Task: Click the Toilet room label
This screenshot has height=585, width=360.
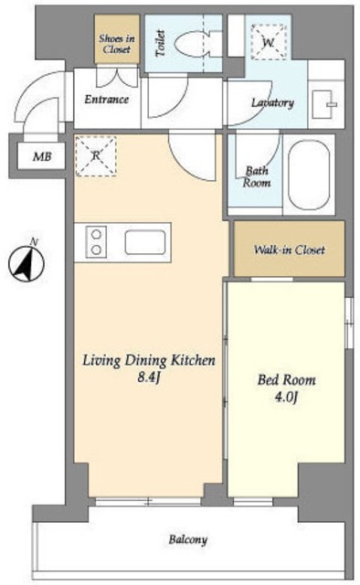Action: pyautogui.click(x=161, y=43)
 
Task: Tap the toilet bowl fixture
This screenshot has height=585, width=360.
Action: pyautogui.click(x=193, y=44)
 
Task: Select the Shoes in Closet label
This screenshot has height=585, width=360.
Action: pyautogui.click(x=117, y=44)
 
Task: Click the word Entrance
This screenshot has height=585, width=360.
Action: pyautogui.click(x=107, y=100)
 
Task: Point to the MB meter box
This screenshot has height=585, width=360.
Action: pyautogui.click(x=42, y=156)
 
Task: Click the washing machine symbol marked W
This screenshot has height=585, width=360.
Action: pyautogui.click(x=269, y=42)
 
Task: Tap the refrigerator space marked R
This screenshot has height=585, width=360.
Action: pyautogui.click(x=96, y=155)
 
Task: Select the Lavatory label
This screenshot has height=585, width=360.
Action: pyautogui.click(x=272, y=102)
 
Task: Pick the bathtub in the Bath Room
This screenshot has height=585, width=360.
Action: pyautogui.click(x=309, y=175)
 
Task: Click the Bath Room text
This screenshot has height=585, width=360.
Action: pyautogui.click(x=257, y=176)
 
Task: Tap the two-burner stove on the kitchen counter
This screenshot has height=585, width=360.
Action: pyautogui.click(x=96, y=241)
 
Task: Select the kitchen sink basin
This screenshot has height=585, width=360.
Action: pyautogui.click(x=145, y=242)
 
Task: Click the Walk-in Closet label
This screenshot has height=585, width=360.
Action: pyautogui.click(x=289, y=250)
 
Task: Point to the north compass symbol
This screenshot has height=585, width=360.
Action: pyautogui.click(x=26, y=263)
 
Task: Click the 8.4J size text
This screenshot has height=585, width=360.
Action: pyautogui.click(x=149, y=378)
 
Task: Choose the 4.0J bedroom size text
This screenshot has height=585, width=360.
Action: pyautogui.click(x=286, y=398)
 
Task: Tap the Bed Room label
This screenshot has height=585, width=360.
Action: pyautogui.click(x=287, y=380)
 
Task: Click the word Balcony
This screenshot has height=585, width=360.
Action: pyautogui.click(x=187, y=539)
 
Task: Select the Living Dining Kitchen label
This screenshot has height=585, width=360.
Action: pyautogui.click(x=148, y=360)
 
